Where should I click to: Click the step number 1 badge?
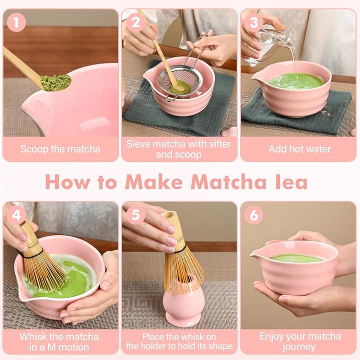[16, 22]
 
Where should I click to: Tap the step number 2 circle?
[135, 22]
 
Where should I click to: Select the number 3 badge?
[254, 22]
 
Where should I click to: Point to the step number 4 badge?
[16, 215]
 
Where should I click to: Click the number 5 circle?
[135, 215]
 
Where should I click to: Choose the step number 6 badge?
[254, 215]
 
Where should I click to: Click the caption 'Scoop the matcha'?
[60, 148]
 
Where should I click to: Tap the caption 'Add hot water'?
[299, 148]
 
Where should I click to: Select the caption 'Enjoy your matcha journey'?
[299, 341]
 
